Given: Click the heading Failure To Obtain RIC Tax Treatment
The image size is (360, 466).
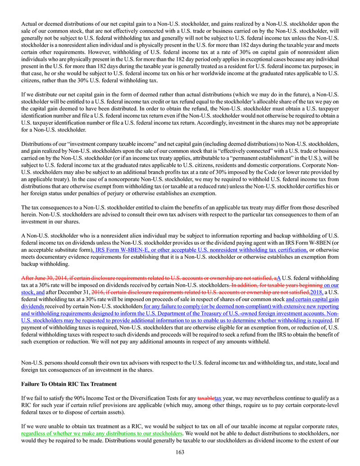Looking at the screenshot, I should pyautogui.click(x=69, y=384).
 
